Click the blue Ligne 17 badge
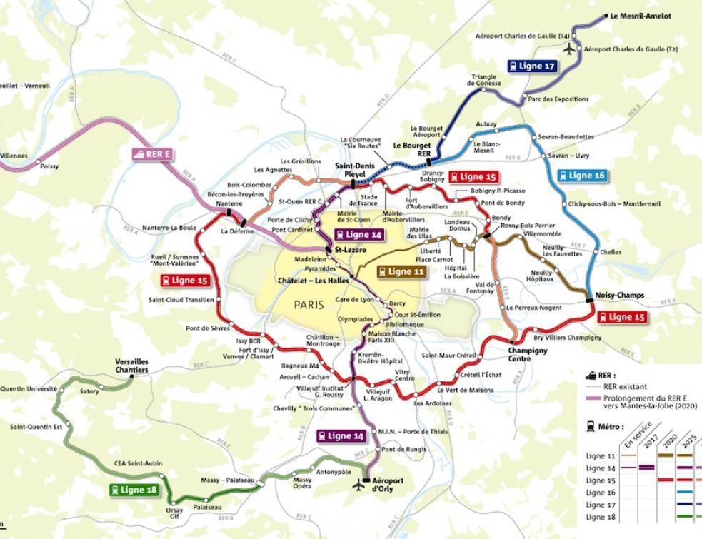[532, 66]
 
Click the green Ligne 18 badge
[134, 490]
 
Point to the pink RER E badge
[152, 153]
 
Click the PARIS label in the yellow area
[309, 305]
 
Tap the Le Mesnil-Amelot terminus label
[641, 16]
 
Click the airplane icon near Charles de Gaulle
[569, 49]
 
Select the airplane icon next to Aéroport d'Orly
[358, 485]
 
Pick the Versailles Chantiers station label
[132, 366]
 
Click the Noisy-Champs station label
[619, 295]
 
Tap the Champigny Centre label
[528, 355]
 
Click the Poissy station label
[49, 166]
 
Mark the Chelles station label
[611, 252]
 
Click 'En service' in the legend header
[637, 435]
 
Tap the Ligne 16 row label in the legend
[601, 493]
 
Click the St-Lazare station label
[350, 250]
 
